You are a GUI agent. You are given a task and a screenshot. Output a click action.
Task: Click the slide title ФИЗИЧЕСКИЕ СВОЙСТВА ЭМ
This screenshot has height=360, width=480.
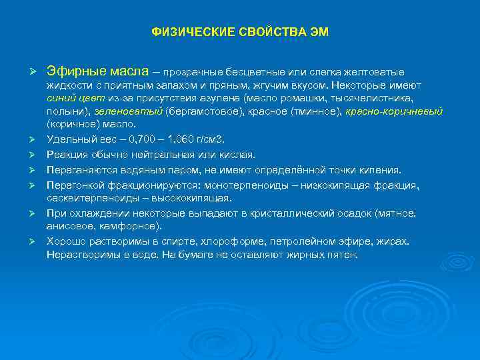pos(240,32)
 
